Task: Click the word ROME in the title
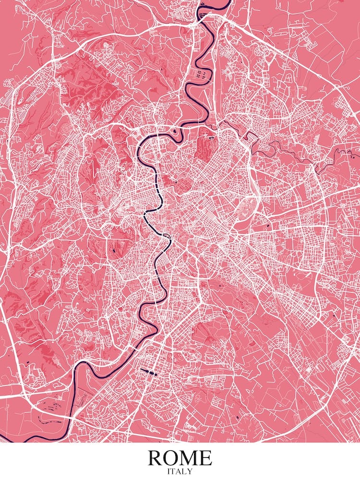point(180,458)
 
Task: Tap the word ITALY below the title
point(180,472)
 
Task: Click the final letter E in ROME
point(205,458)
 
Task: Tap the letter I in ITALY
point(168,472)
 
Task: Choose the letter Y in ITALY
point(190,472)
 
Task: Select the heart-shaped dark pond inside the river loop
point(174,129)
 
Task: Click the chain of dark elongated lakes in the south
point(149,372)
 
